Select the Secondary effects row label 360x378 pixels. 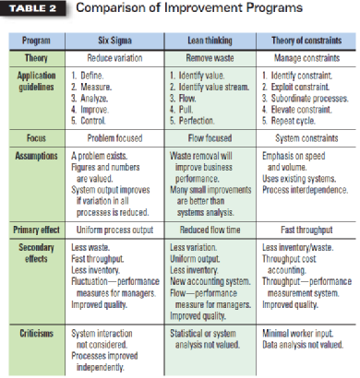click(37, 253)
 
